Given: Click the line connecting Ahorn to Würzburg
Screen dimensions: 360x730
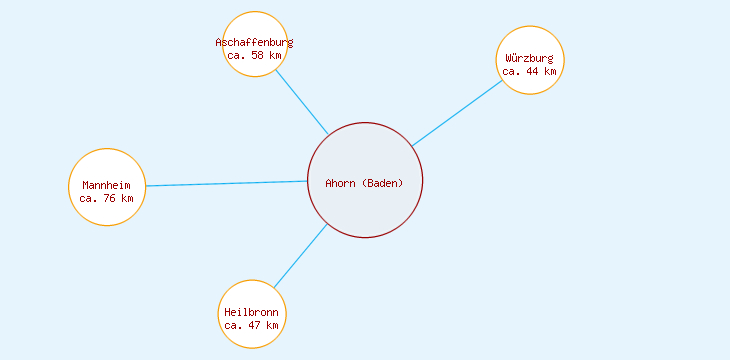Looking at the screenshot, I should (457, 113).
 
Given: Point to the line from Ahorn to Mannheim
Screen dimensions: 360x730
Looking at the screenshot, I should (227, 184).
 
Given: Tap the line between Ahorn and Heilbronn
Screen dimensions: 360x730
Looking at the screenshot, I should (300, 256).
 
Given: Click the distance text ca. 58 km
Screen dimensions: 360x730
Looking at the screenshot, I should (254, 55).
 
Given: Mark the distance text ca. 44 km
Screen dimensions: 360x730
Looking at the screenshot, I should (530, 71).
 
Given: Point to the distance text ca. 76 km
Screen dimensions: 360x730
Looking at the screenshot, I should (107, 198).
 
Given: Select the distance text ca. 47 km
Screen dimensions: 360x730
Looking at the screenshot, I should (252, 325).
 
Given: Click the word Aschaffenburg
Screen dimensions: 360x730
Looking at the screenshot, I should (254, 42).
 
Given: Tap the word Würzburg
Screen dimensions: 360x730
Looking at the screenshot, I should (530, 58).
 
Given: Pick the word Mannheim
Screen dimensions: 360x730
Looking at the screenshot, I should (107, 185).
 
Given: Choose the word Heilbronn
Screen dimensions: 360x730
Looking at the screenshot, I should (252, 312).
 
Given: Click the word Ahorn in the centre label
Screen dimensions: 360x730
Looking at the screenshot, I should (341, 183).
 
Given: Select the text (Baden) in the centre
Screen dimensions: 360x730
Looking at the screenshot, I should (383, 183).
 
